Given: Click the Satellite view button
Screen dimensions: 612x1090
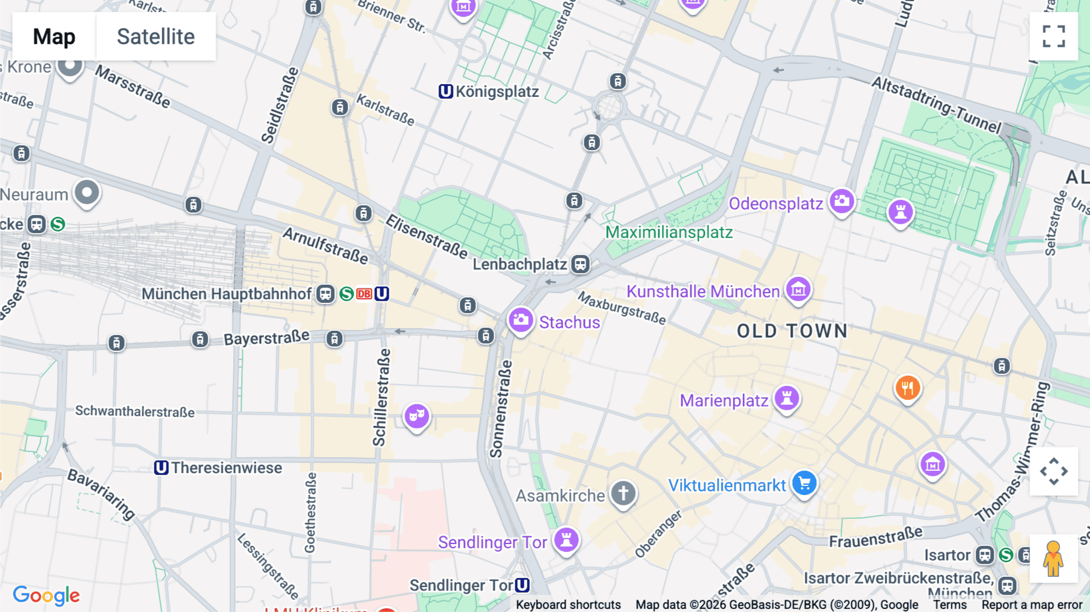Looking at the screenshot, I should point(156,36).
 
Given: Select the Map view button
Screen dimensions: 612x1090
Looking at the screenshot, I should point(54,36).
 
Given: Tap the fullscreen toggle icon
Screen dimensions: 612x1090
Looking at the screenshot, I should point(1054,36).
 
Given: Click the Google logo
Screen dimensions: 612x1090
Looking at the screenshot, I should point(46,595).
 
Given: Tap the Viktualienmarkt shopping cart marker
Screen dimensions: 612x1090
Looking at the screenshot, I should point(804,484).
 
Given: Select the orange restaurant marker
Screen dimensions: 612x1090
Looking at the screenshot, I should point(907,387).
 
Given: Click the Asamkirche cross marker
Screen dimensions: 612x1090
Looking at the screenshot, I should point(623,493).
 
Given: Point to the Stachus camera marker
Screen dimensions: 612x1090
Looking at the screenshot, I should point(520,319).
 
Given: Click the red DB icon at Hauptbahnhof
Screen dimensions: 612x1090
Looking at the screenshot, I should point(364,294).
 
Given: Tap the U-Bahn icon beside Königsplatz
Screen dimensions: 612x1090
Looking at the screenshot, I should point(446,91).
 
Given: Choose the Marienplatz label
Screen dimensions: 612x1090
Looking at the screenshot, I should point(724,401).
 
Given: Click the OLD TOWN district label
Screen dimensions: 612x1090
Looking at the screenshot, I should point(792,331).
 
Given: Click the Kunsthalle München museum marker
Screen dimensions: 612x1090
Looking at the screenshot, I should point(798,290).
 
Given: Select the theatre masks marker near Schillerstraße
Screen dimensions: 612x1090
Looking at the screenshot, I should point(417,416).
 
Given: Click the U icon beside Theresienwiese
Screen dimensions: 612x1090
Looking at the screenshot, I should point(161,468).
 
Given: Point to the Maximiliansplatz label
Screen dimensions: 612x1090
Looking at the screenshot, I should point(669,232).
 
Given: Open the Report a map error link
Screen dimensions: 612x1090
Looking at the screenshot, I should point(1031,605).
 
